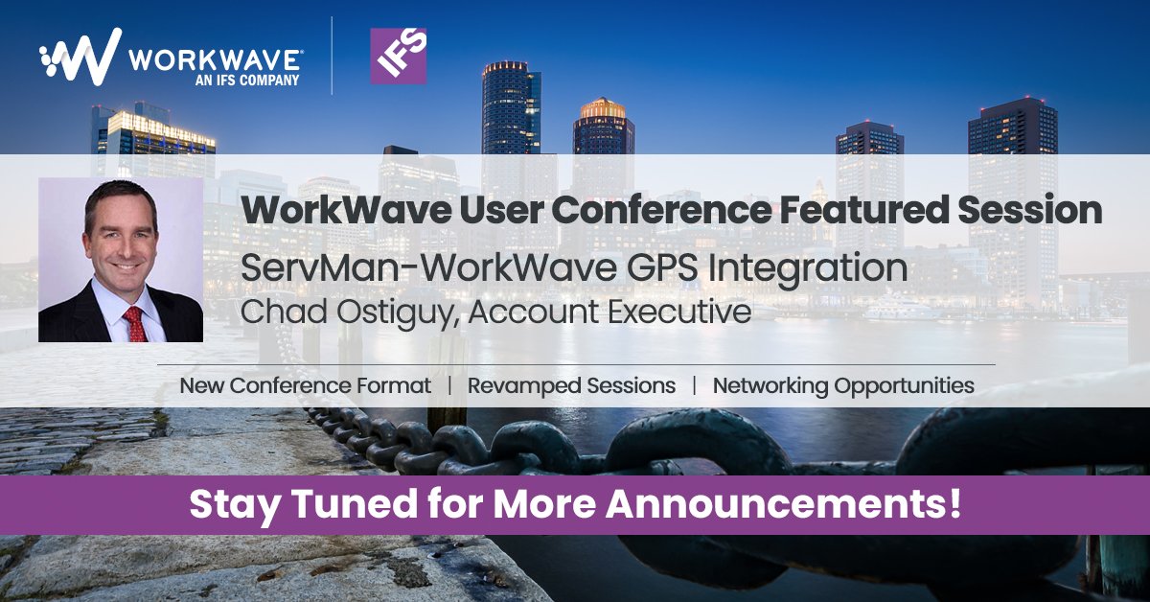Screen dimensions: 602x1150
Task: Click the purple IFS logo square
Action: tap(398, 56)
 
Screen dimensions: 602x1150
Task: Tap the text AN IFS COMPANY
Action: tap(247, 81)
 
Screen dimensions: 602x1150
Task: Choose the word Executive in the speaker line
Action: tap(675, 313)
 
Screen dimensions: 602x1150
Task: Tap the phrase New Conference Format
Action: tap(305, 385)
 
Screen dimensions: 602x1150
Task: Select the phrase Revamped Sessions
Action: tap(571, 385)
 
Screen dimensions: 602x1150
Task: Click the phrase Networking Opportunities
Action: tap(843, 385)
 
